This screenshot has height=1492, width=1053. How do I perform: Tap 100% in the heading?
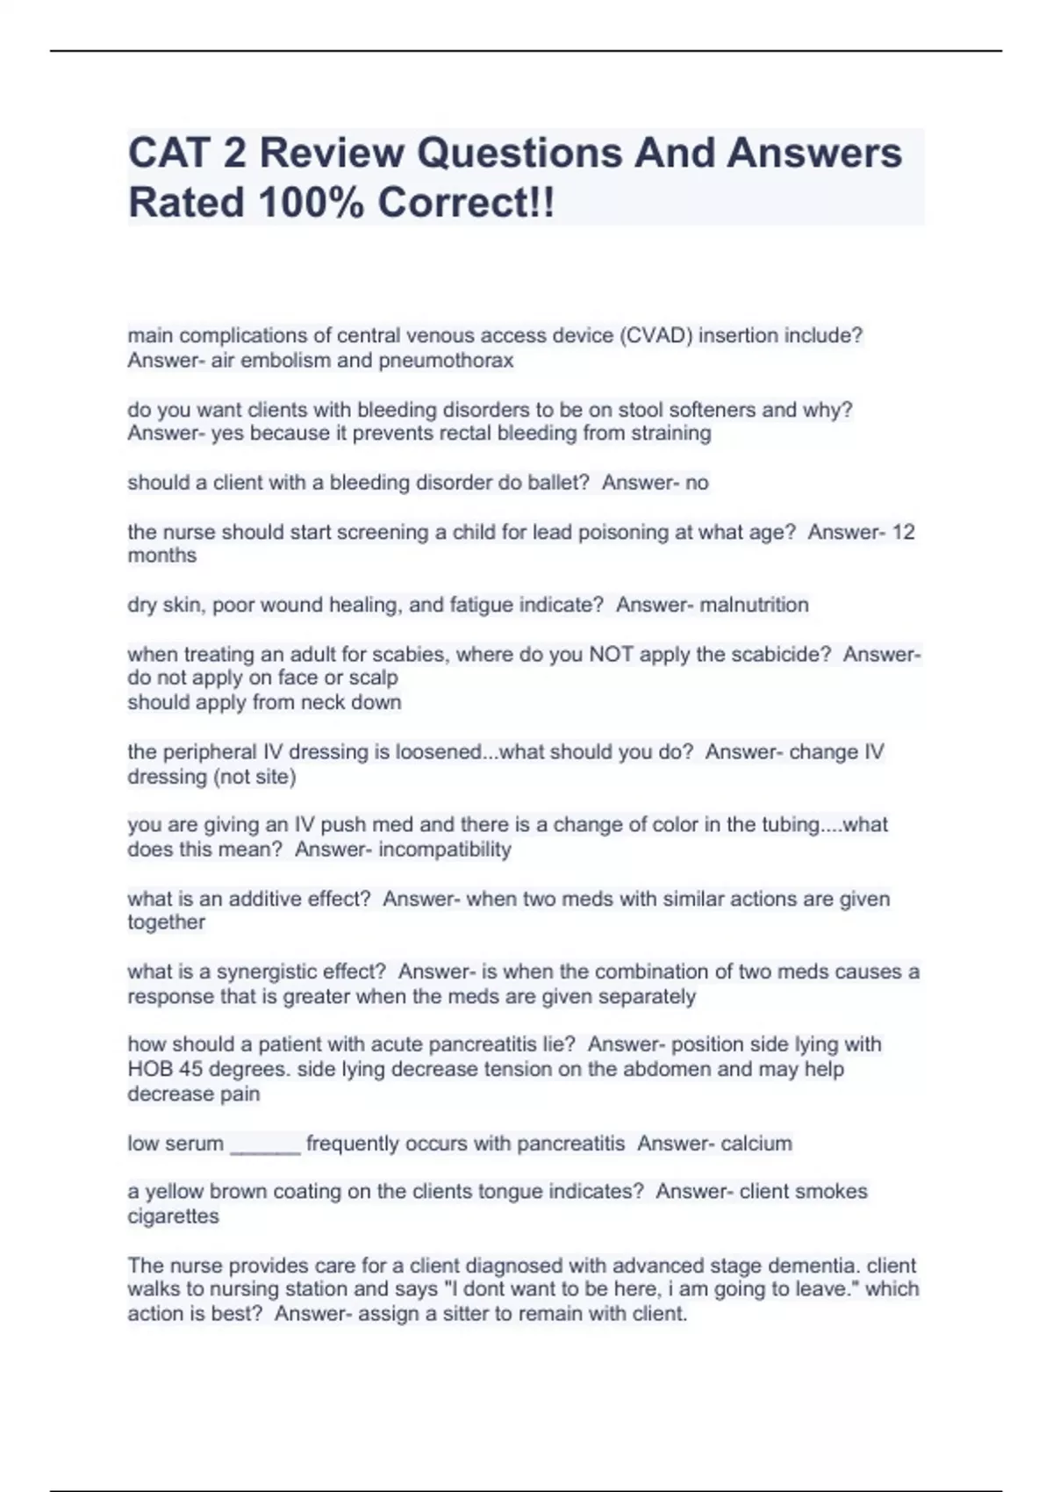coord(312,203)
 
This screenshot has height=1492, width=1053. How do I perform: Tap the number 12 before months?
coord(903,532)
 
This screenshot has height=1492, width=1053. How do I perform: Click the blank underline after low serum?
coord(265,1144)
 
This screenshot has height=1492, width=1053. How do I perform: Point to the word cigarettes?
coord(173,1216)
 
